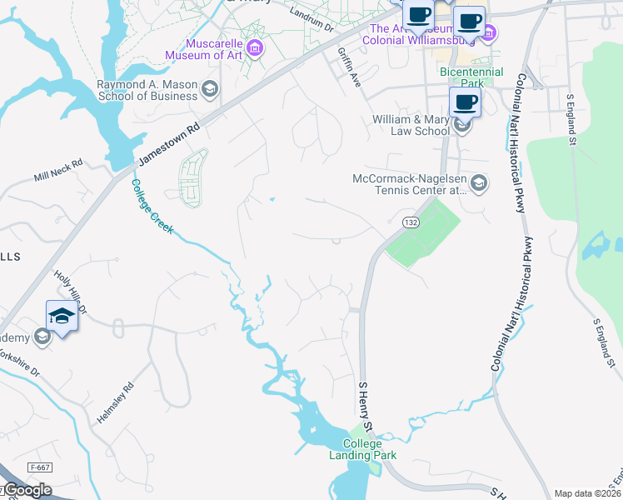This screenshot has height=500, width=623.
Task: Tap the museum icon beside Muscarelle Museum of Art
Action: pyautogui.click(x=255, y=47)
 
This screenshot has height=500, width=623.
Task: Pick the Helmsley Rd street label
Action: pyautogui.click(x=116, y=403)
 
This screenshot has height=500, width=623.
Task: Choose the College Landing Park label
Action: pyautogui.click(x=370, y=449)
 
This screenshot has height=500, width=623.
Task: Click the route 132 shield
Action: pyautogui.click(x=410, y=222)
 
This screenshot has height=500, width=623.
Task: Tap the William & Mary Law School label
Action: pyautogui.click(x=411, y=125)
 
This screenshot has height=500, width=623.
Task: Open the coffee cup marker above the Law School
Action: pyautogui.click(x=465, y=103)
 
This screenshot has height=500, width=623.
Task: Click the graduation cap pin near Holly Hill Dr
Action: pyautogui.click(x=62, y=317)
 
